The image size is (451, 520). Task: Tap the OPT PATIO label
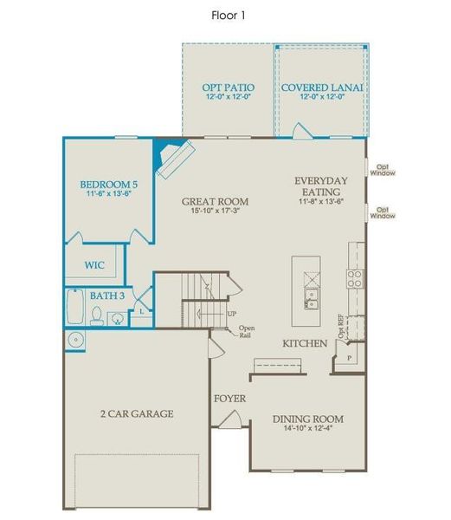pyautogui.click(x=228, y=88)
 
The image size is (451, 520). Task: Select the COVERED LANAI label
pyautogui.click(x=320, y=88)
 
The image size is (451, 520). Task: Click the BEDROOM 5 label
pyautogui.click(x=108, y=185)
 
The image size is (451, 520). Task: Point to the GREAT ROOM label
pyautogui.click(x=210, y=201)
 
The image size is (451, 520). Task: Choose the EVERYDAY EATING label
pyautogui.click(x=320, y=185)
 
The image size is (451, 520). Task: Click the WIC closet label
pyautogui.click(x=94, y=265)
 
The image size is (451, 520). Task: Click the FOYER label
pyautogui.click(x=229, y=399)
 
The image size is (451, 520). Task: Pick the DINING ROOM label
pyautogui.click(x=308, y=419)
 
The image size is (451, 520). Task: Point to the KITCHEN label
pyautogui.click(x=305, y=344)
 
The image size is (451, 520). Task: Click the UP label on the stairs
pyautogui.click(x=231, y=313)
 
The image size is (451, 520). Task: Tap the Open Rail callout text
pyautogui.click(x=246, y=331)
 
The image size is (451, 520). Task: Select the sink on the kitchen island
pyautogui.click(x=310, y=300)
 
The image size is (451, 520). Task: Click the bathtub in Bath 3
pyautogui.click(x=75, y=309)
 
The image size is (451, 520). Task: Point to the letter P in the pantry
pyautogui.click(x=348, y=356)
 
